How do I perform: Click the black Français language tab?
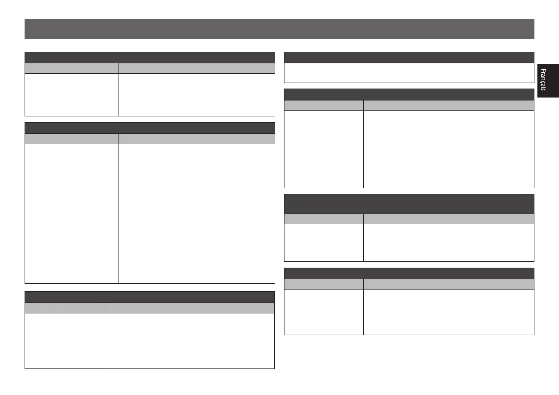point(548,81)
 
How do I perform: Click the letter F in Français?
point(543,71)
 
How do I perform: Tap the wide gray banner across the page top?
point(279,29)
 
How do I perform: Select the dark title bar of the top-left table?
point(150,57)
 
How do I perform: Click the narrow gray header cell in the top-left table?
point(72,68)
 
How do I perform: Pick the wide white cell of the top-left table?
point(197,95)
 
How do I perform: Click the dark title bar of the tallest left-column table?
point(150,128)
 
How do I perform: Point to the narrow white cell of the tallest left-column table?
point(72,214)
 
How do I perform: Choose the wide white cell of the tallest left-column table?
point(197,214)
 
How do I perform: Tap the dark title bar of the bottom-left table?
point(150,297)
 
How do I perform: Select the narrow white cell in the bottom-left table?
point(64,341)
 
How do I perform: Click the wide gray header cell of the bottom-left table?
point(189,308)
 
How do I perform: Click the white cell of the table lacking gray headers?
point(409,73)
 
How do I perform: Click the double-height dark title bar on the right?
point(409,204)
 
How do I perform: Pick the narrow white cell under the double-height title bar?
point(324,243)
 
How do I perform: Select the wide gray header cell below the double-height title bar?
point(449,219)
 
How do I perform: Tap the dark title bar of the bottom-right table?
point(409,274)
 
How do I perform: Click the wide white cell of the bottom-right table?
point(449,312)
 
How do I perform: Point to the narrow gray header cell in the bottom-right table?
point(324,284)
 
